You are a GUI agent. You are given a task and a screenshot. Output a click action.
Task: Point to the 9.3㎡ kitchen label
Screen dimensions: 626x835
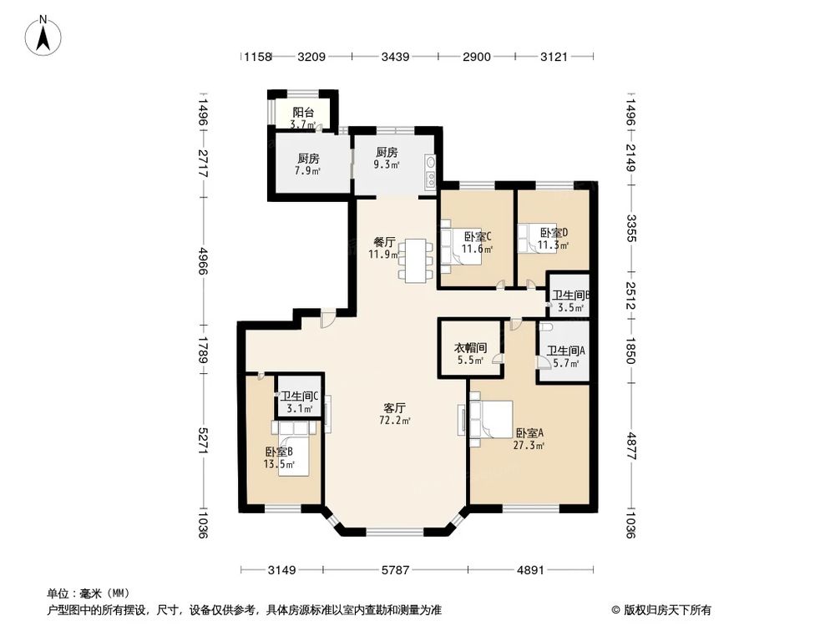point(385,159)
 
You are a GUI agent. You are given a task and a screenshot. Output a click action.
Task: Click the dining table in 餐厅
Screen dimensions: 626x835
point(413,260)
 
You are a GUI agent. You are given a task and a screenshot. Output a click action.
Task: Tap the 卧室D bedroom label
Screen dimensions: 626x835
point(553,239)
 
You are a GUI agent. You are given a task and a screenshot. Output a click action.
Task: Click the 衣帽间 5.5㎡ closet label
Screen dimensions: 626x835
point(470,354)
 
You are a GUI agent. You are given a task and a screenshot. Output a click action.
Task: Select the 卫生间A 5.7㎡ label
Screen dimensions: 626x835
point(565,357)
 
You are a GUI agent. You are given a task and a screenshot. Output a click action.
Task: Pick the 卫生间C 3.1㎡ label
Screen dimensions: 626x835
point(299,402)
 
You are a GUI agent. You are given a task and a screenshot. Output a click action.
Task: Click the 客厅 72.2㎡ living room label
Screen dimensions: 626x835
point(395,414)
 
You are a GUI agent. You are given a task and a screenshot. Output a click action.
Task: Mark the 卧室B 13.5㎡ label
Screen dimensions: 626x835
point(279,458)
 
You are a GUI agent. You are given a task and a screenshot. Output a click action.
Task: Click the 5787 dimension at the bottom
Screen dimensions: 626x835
point(395,571)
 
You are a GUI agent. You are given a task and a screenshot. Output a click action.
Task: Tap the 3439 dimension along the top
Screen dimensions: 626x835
point(395,57)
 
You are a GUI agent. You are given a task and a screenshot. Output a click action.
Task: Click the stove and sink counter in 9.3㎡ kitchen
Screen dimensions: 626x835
point(430,171)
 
